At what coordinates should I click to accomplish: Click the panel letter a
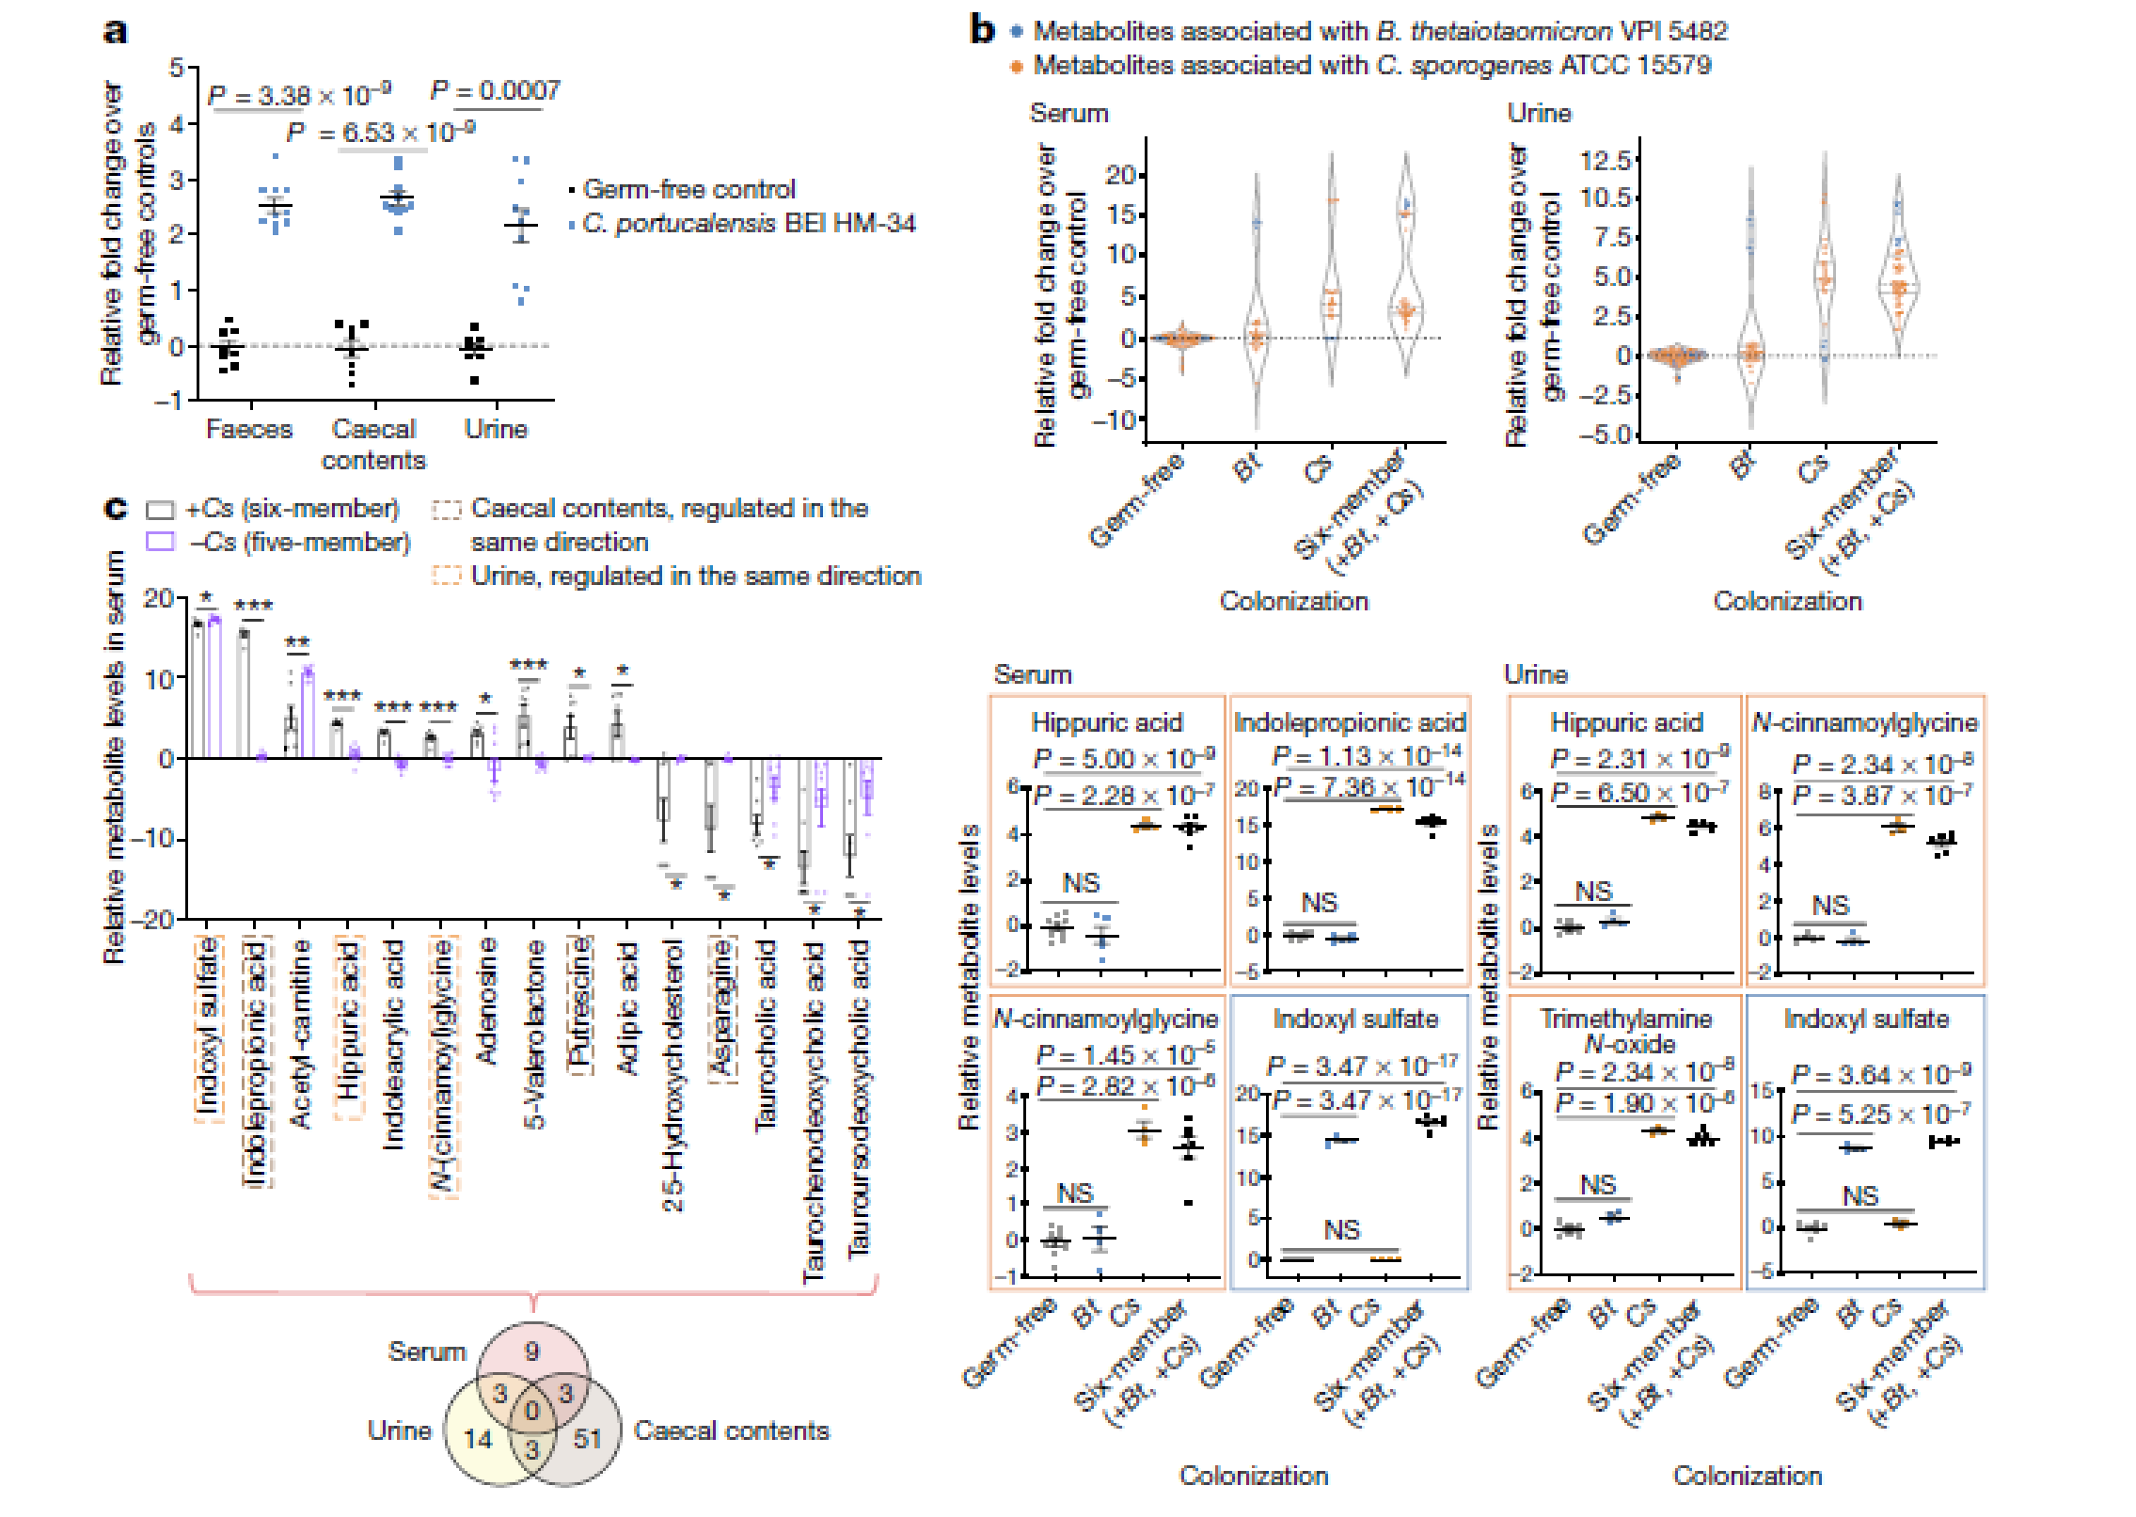[x=115, y=31]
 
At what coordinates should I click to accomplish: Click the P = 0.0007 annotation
[x=495, y=90]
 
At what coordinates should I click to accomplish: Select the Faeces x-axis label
[x=249, y=429]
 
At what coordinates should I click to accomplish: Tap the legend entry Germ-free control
[x=688, y=189]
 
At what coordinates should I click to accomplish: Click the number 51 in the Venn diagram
[x=588, y=1438]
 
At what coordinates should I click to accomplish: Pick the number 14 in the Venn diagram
[x=478, y=1438]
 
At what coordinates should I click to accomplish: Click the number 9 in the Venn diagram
[x=532, y=1351]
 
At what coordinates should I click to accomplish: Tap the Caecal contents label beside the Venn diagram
[x=731, y=1430]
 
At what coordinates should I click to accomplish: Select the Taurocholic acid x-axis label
[x=767, y=1035]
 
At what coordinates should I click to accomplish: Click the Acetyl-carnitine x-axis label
[x=300, y=1035]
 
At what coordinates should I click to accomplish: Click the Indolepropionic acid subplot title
[x=1350, y=722]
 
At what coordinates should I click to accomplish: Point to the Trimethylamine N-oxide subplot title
[x=1626, y=1031]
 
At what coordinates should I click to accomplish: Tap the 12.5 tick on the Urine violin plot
[x=1605, y=160]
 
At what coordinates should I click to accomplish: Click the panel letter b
[x=983, y=31]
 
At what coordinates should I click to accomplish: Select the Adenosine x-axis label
[x=486, y=1002]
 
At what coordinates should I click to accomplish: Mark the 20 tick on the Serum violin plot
[x=1120, y=175]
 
